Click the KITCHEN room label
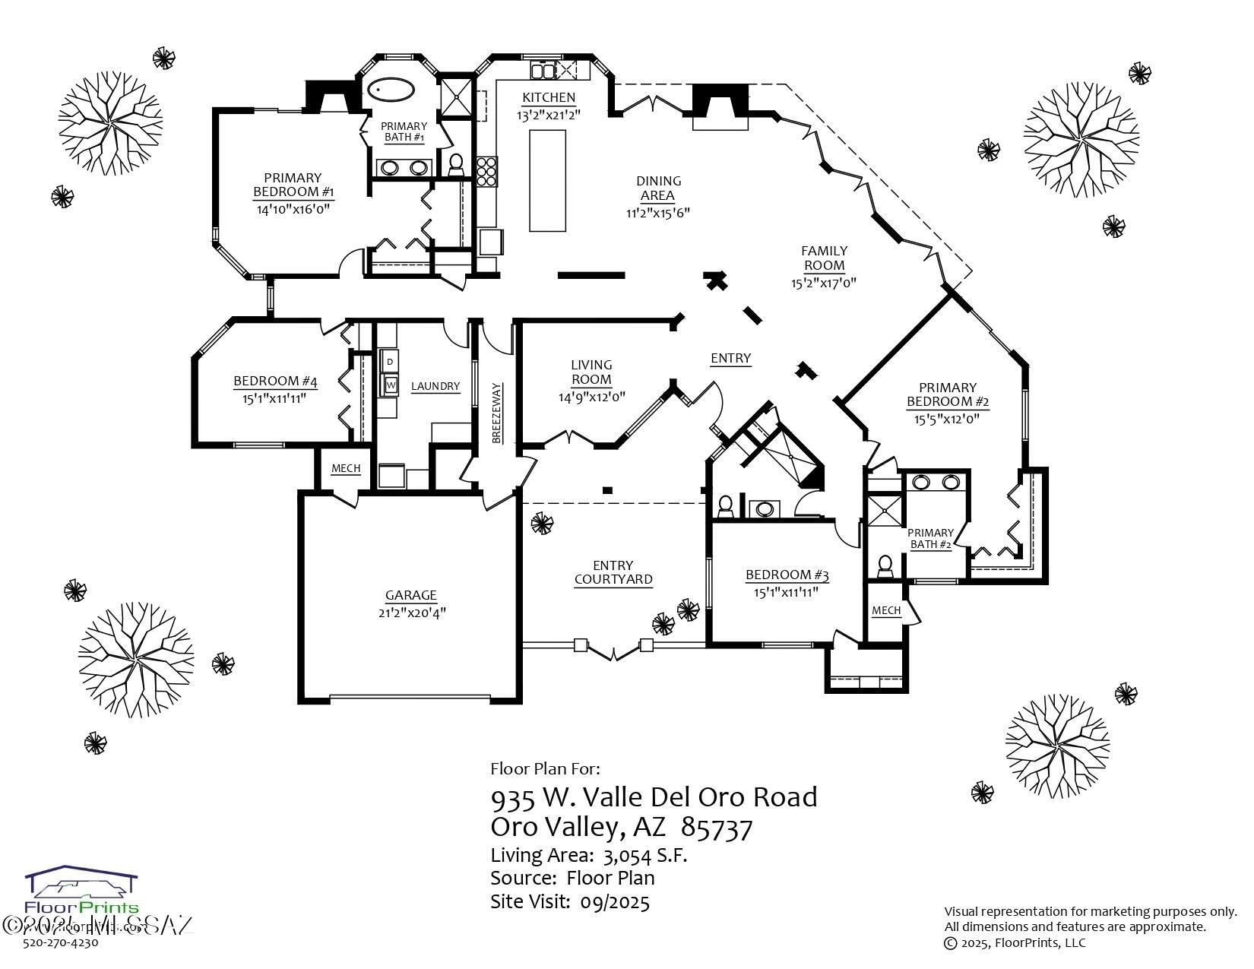(548, 97)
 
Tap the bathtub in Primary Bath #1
(391, 91)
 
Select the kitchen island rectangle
(547, 180)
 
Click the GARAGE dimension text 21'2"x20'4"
(411, 613)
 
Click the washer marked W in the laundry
(391, 385)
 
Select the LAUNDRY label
(435, 386)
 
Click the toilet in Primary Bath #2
(884, 565)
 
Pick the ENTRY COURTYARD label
(613, 572)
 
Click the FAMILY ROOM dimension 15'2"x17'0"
(823, 283)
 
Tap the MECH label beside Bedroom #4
(346, 468)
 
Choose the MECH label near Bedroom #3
(885, 610)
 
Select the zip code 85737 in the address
(717, 826)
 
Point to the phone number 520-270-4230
(61, 943)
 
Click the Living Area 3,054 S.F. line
(588, 855)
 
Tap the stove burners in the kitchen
(486, 171)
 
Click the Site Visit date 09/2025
(615, 902)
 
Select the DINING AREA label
(658, 188)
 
